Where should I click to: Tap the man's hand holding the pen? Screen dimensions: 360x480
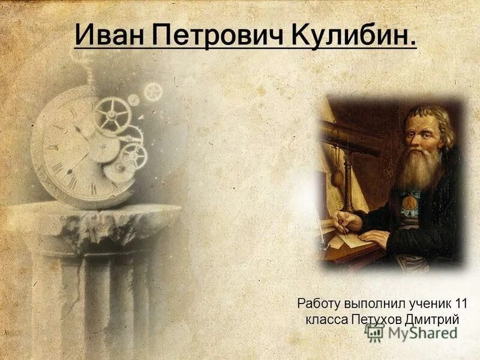coord(347,221)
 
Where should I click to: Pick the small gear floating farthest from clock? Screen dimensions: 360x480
coord(153,92)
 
